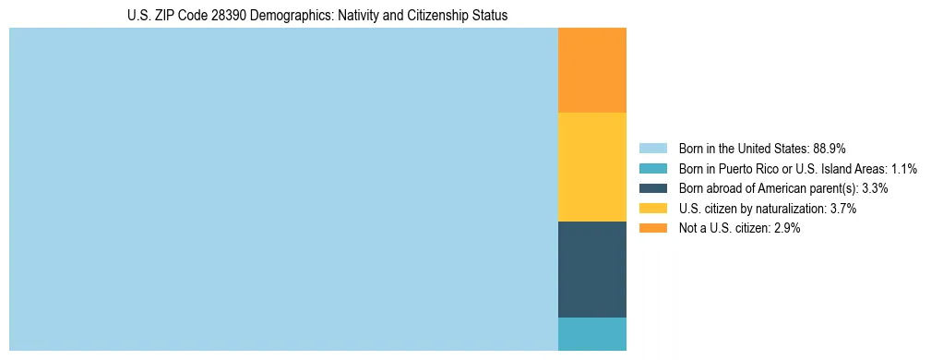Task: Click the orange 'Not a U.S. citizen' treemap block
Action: point(591,70)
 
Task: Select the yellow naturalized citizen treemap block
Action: point(591,167)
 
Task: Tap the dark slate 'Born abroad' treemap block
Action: point(591,270)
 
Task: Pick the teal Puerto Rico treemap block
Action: point(591,333)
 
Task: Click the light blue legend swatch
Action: point(652,149)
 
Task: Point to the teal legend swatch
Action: point(652,169)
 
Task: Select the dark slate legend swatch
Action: point(652,188)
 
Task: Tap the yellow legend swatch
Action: point(652,209)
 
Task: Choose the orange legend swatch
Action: point(652,228)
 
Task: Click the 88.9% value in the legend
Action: point(830,149)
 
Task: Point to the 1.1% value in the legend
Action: point(903,169)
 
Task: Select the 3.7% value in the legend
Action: point(843,209)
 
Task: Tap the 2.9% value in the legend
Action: point(787,228)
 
